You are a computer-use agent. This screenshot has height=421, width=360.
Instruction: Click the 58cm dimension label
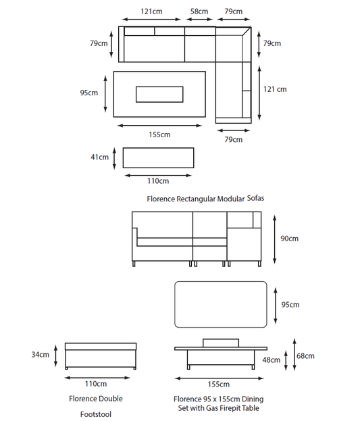199,11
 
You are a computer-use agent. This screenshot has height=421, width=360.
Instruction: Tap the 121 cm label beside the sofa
275,89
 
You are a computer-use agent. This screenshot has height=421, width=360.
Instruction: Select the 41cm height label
99,157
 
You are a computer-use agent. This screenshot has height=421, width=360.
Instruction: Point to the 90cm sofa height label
289,239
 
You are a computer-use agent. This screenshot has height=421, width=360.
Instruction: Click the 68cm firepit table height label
305,356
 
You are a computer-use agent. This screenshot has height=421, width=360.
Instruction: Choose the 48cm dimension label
272,360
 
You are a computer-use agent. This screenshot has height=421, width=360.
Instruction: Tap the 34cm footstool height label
41,355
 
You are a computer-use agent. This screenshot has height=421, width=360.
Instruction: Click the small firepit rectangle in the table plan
159,94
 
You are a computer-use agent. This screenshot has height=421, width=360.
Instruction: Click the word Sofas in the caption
255,198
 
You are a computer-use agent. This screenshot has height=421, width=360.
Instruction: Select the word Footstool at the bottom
96,414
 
